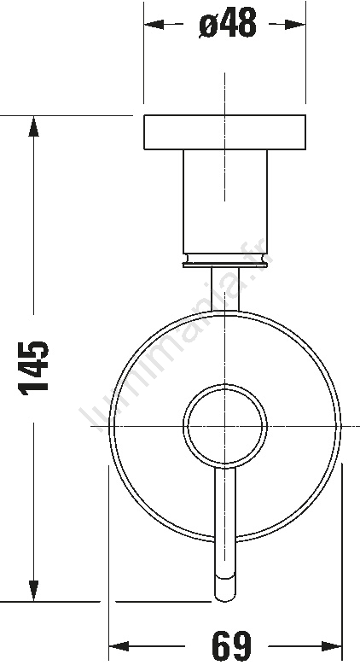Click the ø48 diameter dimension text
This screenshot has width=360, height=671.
(x=228, y=23)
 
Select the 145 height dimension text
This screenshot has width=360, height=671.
(x=33, y=368)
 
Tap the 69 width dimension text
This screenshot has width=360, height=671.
(x=231, y=645)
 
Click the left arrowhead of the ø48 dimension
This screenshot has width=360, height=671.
(x=154, y=25)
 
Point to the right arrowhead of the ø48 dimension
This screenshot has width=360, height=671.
(x=295, y=25)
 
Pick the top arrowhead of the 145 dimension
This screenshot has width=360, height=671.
(x=34, y=126)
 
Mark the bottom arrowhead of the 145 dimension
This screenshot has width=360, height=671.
(x=34, y=591)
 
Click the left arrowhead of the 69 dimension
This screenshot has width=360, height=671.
(x=119, y=646)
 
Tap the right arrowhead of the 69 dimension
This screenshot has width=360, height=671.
(x=331, y=646)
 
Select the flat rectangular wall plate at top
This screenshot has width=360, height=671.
(x=225, y=132)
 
